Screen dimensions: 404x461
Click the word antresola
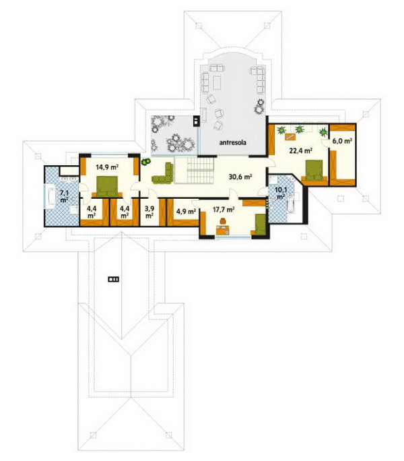233,143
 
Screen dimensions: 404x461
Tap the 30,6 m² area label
240,177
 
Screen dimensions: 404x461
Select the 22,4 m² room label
300,151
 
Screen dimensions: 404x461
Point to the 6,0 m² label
342,141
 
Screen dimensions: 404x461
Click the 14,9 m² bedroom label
107,167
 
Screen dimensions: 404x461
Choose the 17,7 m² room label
224,210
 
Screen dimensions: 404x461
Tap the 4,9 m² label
186,211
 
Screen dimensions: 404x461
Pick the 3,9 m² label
149,212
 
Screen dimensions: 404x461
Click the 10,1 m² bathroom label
281,193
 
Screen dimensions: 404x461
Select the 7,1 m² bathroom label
64,196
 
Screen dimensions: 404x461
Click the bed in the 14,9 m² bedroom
107,186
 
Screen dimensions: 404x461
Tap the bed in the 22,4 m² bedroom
314,170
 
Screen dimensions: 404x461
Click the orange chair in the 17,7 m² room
223,220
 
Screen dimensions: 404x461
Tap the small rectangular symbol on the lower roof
113,279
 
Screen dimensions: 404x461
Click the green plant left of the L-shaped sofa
145,161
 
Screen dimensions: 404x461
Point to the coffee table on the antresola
217,83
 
